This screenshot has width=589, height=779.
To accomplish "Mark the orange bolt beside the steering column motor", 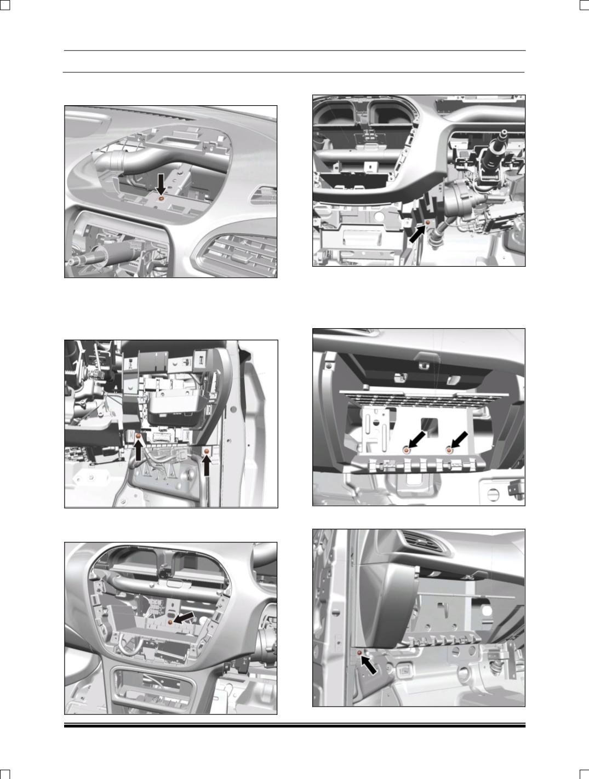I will (x=427, y=222).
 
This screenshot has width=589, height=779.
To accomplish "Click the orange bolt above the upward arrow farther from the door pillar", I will (x=138, y=437).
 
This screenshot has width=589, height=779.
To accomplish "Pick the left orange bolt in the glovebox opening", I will (x=406, y=449).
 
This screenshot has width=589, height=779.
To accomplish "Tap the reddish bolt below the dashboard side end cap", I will (x=359, y=653).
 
